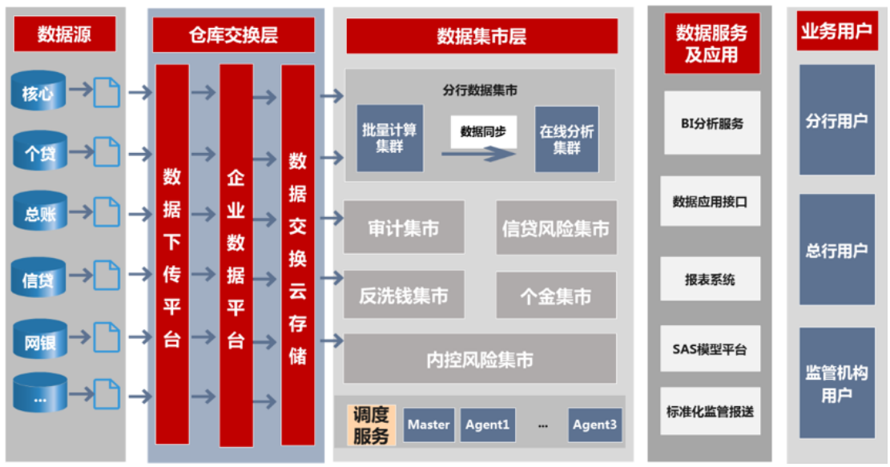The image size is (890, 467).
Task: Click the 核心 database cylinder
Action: point(38,92)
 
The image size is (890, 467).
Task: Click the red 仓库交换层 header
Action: point(233,35)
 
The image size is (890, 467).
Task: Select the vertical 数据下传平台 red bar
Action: point(172,255)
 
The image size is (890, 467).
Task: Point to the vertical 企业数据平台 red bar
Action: point(236,255)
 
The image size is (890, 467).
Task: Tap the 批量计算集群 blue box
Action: point(389,138)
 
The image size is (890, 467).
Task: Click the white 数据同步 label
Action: point(483,130)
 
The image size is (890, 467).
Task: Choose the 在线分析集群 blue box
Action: point(566,139)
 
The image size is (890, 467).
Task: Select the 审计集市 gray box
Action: point(404,227)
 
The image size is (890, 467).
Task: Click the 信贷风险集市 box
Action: point(556,227)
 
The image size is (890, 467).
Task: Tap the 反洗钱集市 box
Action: point(404,296)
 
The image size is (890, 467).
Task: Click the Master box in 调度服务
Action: point(429,425)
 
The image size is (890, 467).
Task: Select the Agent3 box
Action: point(595,425)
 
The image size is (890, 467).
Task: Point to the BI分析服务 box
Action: point(711,123)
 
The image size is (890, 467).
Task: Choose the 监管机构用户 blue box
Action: point(836,383)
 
